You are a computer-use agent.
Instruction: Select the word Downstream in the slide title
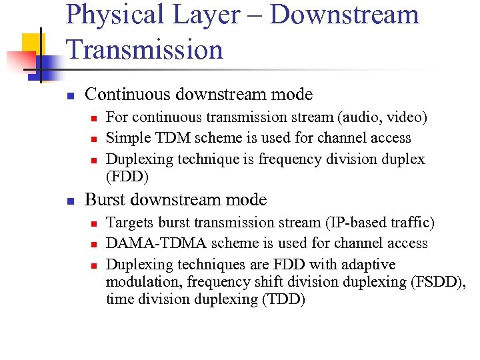(344, 15)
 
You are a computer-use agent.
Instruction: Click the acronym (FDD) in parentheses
(128, 177)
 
